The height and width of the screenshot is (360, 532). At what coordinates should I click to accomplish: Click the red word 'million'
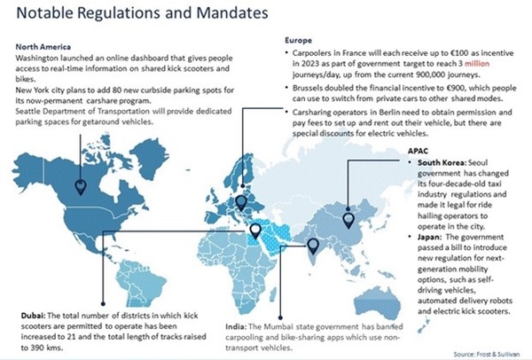click(x=481, y=65)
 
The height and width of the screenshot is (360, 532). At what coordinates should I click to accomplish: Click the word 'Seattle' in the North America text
click(x=31, y=111)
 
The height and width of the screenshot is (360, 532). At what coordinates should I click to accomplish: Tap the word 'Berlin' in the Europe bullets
click(x=382, y=113)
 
